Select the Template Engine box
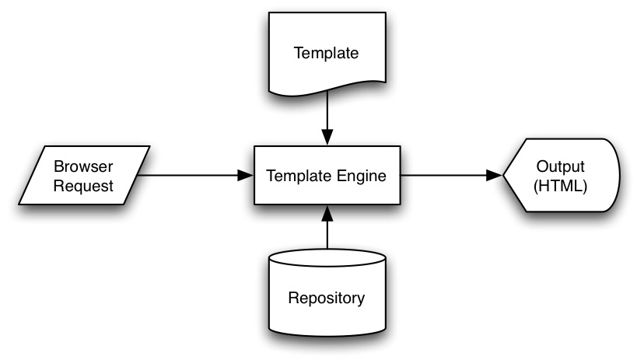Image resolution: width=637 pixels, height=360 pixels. click(327, 176)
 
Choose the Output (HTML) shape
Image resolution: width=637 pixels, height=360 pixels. click(562, 176)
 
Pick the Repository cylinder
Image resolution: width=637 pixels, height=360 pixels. click(327, 295)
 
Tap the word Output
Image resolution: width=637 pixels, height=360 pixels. click(562, 167)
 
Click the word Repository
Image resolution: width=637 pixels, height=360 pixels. click(327, 297)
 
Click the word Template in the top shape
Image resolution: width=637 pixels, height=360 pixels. click(327, 53)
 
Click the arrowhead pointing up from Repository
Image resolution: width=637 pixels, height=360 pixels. click(327, 212)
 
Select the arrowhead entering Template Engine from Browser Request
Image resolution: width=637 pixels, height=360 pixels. click(247, 176)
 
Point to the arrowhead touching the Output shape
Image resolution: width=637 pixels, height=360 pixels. click(495, 176)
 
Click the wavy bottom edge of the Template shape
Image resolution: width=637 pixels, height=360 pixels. click(327, 95)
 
